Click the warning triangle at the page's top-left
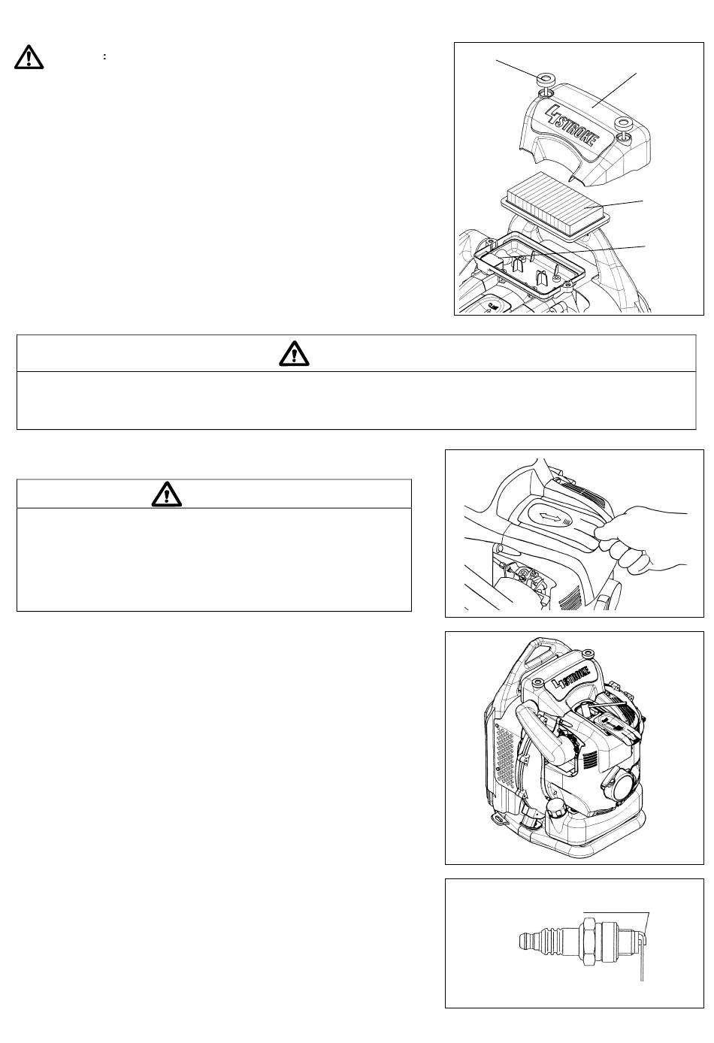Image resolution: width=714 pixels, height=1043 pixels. [29, 57]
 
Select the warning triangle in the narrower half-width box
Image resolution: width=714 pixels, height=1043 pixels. [166, 494]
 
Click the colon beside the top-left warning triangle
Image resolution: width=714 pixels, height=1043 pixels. [104, 57]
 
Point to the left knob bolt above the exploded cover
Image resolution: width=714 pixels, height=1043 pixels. [545, 80]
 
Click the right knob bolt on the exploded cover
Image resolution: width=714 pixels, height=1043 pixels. [622, 124]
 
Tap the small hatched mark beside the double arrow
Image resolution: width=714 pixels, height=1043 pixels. [567, 522]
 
